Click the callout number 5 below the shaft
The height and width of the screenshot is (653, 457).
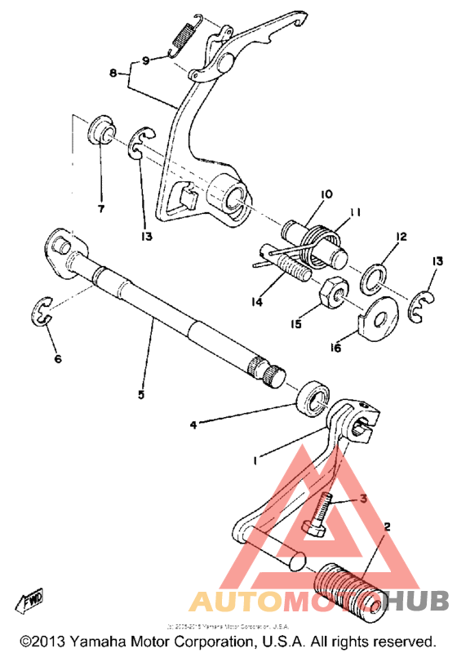(141, 394)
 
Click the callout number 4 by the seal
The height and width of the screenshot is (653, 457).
(193, 424)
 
